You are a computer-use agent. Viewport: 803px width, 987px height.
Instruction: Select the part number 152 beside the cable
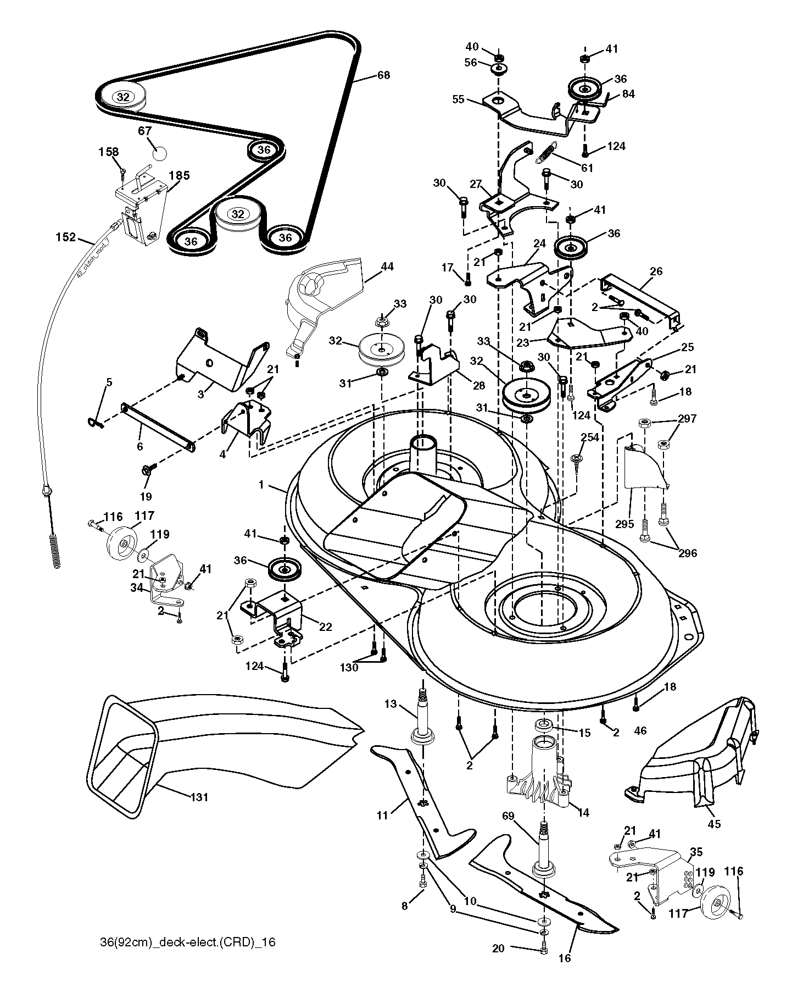pyautogui.click(x=66, y=237)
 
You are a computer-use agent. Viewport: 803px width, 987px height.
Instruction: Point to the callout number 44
pyautogui.click(x=387, y=267)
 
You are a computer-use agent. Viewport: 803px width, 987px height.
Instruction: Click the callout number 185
pyautogui.click(x=180, y=176)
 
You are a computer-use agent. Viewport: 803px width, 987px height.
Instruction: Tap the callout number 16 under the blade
pyautogui.click(x=564, y=958)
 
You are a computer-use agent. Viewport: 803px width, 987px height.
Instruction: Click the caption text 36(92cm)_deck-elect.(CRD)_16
pyautogui.click(x=184, y=942)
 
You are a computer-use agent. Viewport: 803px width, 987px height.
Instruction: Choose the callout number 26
pyautogui.click(x=656, y=271)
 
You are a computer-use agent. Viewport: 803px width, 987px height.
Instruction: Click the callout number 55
pyautogui.click(x=458, y=99)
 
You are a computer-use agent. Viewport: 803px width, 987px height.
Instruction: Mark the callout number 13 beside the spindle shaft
pyautogui.click(x=390, y=704)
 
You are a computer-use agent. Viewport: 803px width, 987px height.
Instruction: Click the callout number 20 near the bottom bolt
pyautogui.click(x=498, y=949)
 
